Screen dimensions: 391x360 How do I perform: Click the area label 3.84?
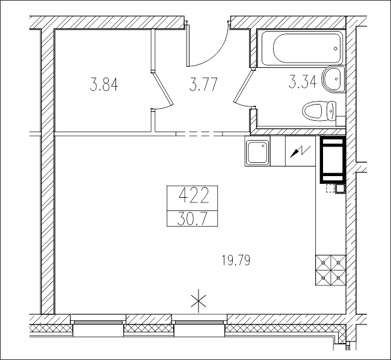click(x=104, y=84)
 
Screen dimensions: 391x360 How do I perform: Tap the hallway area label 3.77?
click(x=203, y=84)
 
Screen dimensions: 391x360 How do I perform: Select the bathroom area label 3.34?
click(x=303, y=82)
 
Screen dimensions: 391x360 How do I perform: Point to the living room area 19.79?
click(x=236, y=261)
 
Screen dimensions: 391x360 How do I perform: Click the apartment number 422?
click(x=194, y=196)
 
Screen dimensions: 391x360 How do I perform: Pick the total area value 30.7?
click(x=192, y=219)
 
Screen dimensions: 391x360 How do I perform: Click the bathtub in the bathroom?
click(x=302, y=48)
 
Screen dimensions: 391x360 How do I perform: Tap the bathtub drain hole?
click(x=336, y=49)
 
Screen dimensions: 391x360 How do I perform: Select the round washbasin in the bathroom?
click(x=333, y=79)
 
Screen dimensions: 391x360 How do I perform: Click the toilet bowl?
click(x=319, y=111)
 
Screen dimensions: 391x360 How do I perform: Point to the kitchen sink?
click(x=257, y=152)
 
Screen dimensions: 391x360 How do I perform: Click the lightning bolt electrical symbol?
click(x=300, y=151)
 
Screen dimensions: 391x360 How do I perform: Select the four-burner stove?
click(x=330, y=270)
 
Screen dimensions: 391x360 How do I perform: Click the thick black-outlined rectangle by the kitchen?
click(x=333, y=159)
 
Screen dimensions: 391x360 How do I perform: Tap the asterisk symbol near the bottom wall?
click(x=199, y=301)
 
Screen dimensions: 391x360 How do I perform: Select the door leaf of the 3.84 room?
click(x=162, y=88)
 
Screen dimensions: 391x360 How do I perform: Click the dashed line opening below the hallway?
click(x=200, y=134)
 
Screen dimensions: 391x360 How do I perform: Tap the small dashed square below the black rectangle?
click(x=330, y=189)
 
